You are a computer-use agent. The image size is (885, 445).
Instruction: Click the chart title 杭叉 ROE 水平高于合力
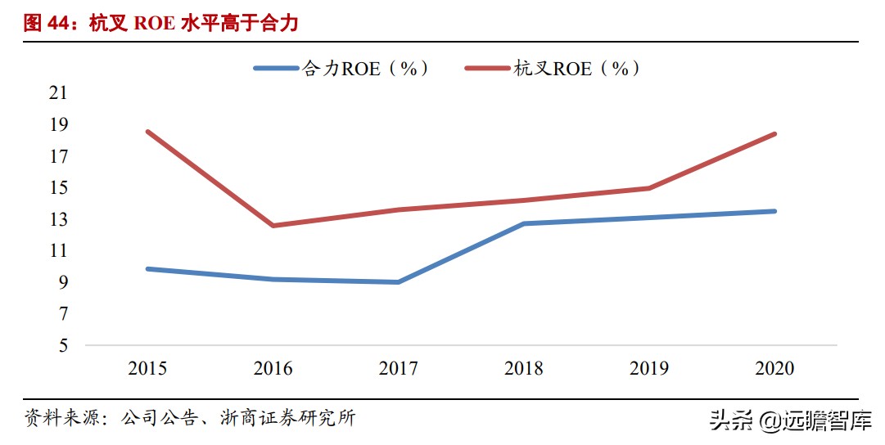click(x=162, y=23)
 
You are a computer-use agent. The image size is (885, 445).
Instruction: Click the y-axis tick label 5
click(x=62, y=346)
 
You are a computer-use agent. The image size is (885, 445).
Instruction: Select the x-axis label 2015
click(x=147, y=369)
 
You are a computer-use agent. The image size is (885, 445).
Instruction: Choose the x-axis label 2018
click(x=523, y=369)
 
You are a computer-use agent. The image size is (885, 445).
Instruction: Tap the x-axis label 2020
click(x=774, y=369)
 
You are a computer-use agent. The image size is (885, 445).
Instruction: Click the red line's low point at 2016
click(x=273, y=226)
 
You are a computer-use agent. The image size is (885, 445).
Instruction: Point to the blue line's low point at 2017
click(x=398, y=282)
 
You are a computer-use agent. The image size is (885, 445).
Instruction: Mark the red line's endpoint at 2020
click(x=774, y=134)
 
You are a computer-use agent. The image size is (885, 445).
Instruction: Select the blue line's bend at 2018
click(x=523, y=223)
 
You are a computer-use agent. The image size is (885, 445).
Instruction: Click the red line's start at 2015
click(x=147, y=132)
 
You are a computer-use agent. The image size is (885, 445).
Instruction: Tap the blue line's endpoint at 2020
click(x=774, y=211)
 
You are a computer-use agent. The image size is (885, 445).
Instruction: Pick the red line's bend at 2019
click(x=648, y=188)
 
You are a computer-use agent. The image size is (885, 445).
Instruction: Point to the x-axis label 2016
click(x=273, y=369)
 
